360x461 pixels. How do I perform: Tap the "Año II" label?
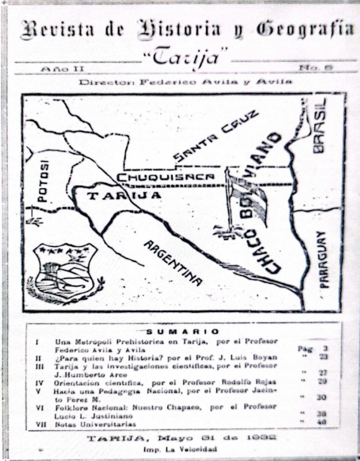pyautogui.click(x=62, y=68)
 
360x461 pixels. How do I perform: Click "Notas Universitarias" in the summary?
pyautogui.click(x=96, y=424)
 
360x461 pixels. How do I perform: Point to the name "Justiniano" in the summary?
pyautogui.click(x=113, y=416)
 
